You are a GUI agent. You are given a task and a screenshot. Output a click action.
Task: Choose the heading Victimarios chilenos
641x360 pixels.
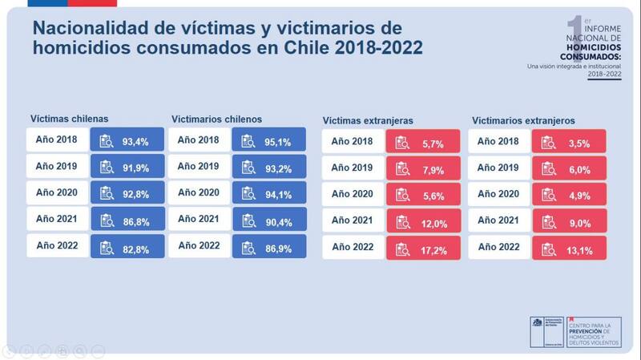click(216, 118)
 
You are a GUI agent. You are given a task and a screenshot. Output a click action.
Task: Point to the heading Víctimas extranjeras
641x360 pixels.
click(368, 120)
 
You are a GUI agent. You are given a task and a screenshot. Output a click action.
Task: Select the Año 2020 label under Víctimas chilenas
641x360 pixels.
click(57, 193)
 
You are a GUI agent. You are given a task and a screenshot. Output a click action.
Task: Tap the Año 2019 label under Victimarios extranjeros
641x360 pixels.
click(499, 168)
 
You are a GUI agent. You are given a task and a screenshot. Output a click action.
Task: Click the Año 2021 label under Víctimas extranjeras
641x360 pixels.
click(353, 221)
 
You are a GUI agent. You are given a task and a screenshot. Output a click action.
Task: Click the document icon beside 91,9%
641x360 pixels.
click(107, 168)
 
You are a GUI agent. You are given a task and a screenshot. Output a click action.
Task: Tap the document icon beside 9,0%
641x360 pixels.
click(548, 221)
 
